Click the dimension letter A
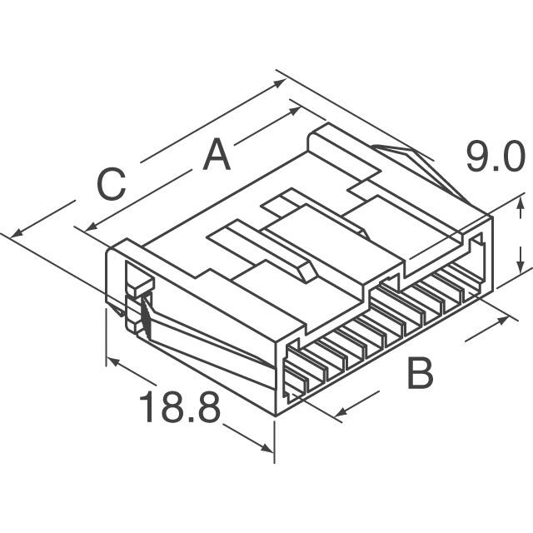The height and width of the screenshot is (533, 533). click(x=217, y=155)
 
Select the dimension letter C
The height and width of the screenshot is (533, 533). click(x=111, y=185)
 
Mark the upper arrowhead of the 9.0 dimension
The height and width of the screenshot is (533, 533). click(x=521, y=199)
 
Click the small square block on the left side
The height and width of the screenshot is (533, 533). click(x=140, y=286)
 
